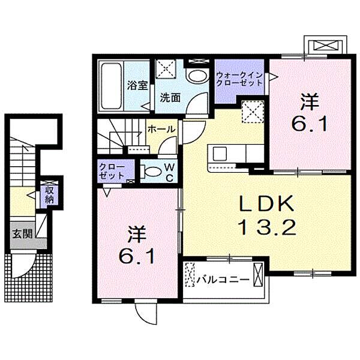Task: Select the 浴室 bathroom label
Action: [x=137, y=85]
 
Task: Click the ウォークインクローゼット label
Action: [x=239, y=79]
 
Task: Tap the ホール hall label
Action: [x=161, y=128]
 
